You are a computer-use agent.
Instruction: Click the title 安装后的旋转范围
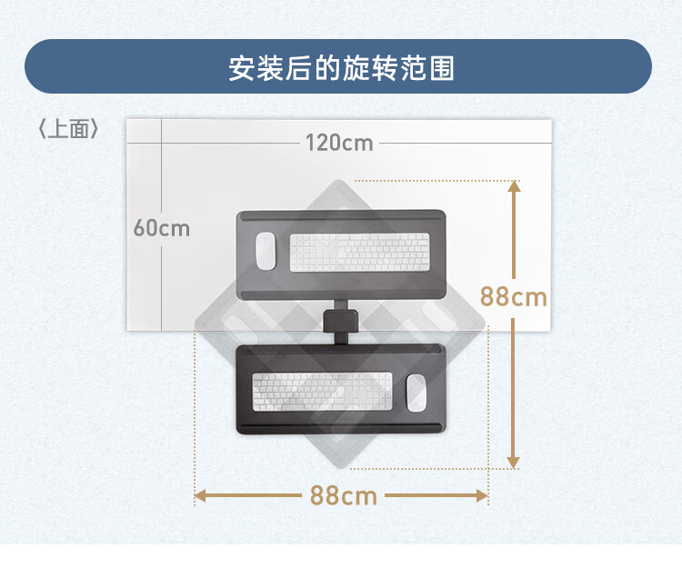coord(341,67)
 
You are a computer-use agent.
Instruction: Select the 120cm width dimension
coord(339,143)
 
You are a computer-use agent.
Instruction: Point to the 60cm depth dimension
coord(162,227)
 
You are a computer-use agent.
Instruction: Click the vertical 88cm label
coord(514,296)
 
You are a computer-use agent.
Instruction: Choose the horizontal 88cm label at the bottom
coord(343,496)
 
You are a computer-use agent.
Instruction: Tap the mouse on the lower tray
coord(416,391)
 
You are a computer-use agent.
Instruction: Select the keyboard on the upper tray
coord(359,253)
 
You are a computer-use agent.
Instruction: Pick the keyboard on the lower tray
coord(322,391)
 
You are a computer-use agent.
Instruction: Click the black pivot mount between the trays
coord(341,322)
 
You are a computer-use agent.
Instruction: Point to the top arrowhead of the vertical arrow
coord(514,186)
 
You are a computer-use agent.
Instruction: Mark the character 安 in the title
coord(241,68)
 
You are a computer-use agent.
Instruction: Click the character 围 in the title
coord(442,68)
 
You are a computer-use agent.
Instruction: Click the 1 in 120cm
coord(309,143)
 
